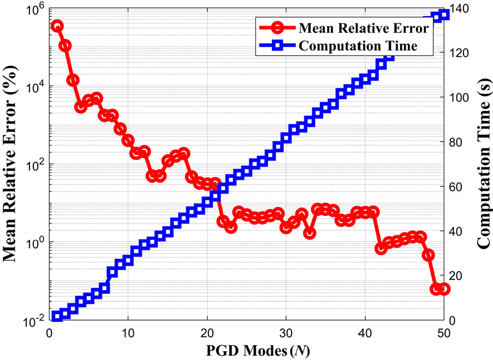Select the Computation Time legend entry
pos(358,45)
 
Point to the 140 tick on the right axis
pos(458,9)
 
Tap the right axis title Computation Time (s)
pos(483,164)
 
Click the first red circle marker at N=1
pos(57,26)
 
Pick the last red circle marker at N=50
pos(444,288)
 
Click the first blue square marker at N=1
pos(57,316)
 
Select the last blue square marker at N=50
pos(444,15)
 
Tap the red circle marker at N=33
pos(310,233)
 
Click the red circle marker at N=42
pos(381,247)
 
